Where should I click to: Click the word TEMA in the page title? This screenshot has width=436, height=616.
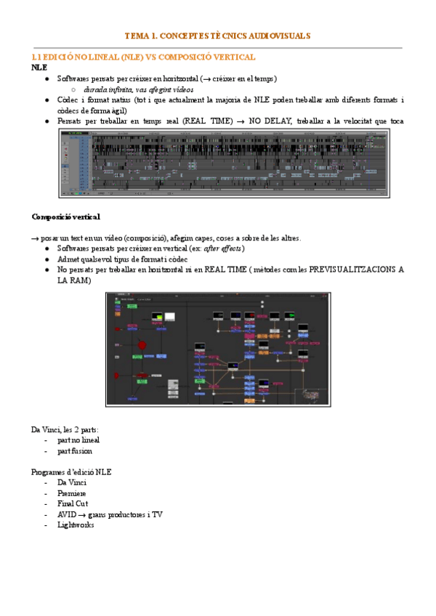(x=136, y=35)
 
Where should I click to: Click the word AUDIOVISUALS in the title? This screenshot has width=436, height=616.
(x=281, y=35)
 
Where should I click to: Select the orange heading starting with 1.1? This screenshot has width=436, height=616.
(x=143, y=57)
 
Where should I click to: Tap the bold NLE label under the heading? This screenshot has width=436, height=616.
(x=39, y=68)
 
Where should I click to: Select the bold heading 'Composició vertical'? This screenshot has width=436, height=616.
(x=66, y=216)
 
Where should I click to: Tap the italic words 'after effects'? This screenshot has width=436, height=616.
(x=223, y=248)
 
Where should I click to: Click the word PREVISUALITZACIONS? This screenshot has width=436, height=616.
(x=347, y=269)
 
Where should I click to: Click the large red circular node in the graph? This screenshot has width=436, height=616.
(x=143, y=345)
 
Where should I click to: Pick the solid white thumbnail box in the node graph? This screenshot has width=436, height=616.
(x=170, y=316)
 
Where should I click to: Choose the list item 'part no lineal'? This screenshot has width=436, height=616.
(x=78, y=440)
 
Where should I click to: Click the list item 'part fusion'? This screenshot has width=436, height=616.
(x=74, y=450)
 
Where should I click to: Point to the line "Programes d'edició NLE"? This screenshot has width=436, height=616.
(x=71, y=471)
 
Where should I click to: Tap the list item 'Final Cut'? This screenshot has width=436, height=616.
(x=73, y=503)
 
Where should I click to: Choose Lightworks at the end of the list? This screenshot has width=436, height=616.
(x=76, y=524)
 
